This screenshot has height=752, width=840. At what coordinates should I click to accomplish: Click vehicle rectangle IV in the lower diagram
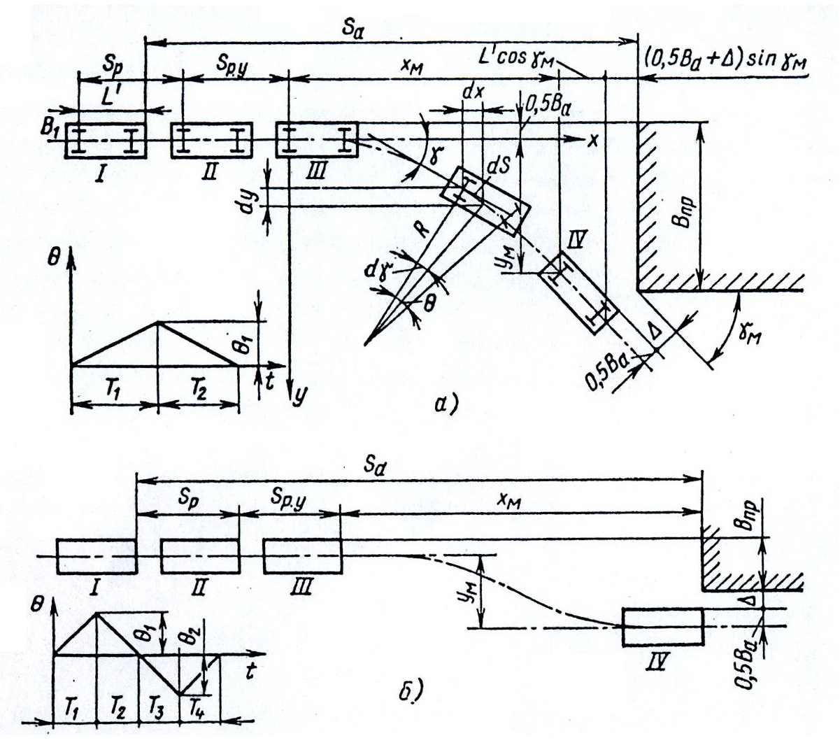662,627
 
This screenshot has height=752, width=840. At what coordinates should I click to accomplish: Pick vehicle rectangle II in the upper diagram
211,140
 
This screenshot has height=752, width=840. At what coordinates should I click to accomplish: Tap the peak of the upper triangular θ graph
158,322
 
